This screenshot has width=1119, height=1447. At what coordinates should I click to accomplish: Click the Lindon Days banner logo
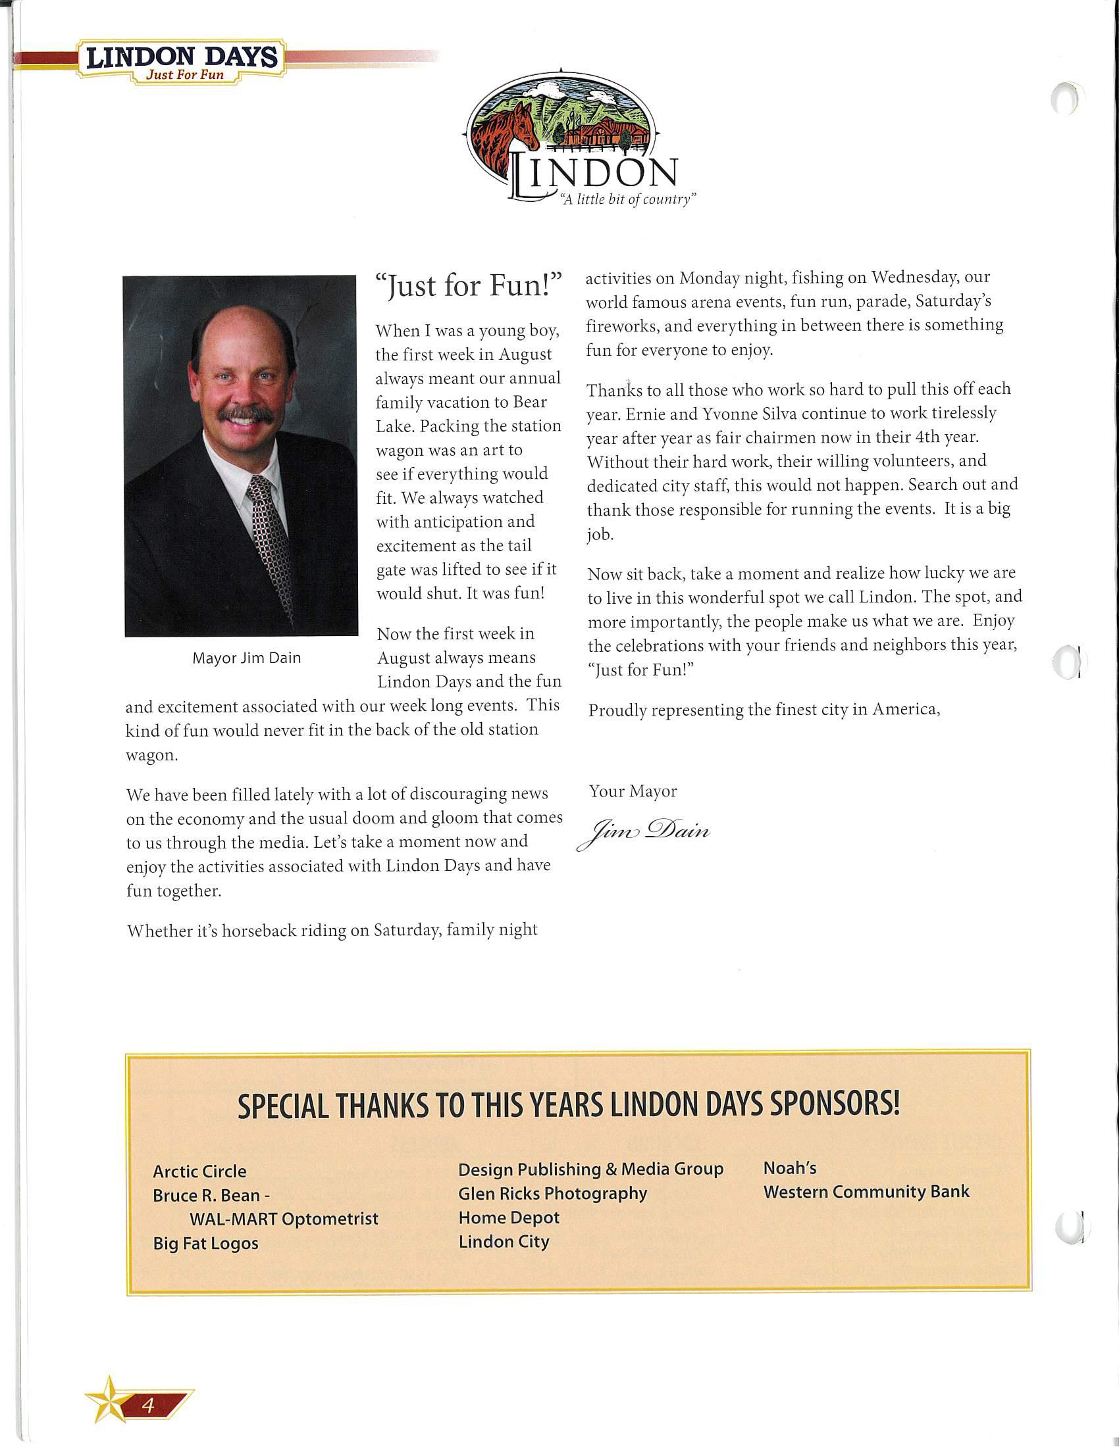pos(182,60)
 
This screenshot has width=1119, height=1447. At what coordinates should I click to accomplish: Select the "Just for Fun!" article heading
pos(468,285)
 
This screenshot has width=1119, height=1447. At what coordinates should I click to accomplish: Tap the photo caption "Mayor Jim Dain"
pos(247,658)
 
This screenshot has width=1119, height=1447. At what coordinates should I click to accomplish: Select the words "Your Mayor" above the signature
pos(633,791)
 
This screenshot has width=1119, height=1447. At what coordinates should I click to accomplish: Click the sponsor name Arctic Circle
pos(199,1171)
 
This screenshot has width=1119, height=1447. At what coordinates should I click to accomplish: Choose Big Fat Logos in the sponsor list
pos(205,1243)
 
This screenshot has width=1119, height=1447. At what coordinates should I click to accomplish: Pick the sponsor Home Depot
pos(508,1217)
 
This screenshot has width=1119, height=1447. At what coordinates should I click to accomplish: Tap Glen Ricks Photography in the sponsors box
pos(552,1193)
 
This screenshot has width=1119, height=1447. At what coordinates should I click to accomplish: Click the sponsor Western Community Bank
pos(866,1192)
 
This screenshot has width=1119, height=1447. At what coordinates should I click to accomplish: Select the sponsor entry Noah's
pos(789,1168)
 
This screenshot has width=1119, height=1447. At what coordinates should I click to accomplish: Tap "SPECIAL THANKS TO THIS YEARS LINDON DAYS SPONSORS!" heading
pos(568,1105)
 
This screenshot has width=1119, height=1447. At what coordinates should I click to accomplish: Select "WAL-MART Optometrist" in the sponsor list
pos(284,1219)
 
